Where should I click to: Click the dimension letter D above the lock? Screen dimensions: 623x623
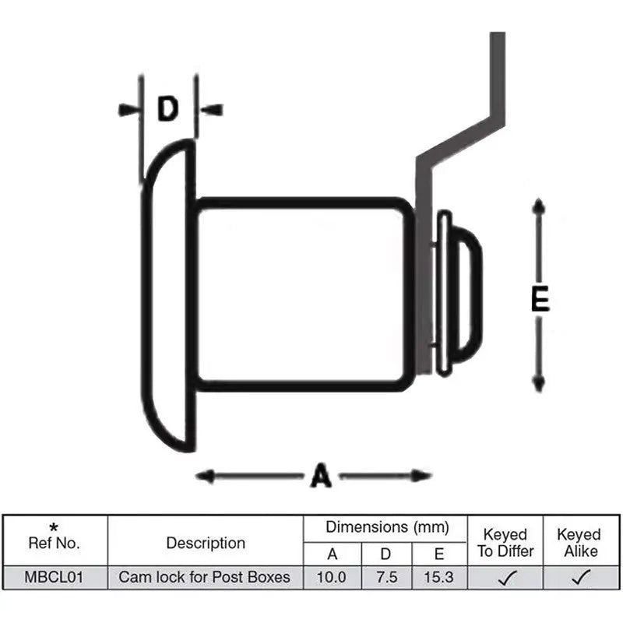point(167,110)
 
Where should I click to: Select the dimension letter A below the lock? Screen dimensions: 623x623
point(320,474)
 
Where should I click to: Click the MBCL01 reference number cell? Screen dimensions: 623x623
point(55,577)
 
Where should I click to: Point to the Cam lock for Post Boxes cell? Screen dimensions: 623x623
point(204,577)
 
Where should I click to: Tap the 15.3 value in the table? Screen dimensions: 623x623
point(438,577)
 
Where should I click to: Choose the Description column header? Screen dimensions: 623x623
point(206,543)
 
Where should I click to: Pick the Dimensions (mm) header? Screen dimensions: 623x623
point(388,527)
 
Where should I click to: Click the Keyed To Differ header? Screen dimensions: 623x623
point(505,543)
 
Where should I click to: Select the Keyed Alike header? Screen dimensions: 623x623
point(579,543)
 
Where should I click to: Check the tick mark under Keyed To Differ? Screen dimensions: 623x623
point(505,578)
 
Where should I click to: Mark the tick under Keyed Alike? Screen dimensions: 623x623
point(580,578)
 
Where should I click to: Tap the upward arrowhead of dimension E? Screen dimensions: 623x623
point(537,207)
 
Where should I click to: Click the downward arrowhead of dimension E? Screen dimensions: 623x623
point(537,383)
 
